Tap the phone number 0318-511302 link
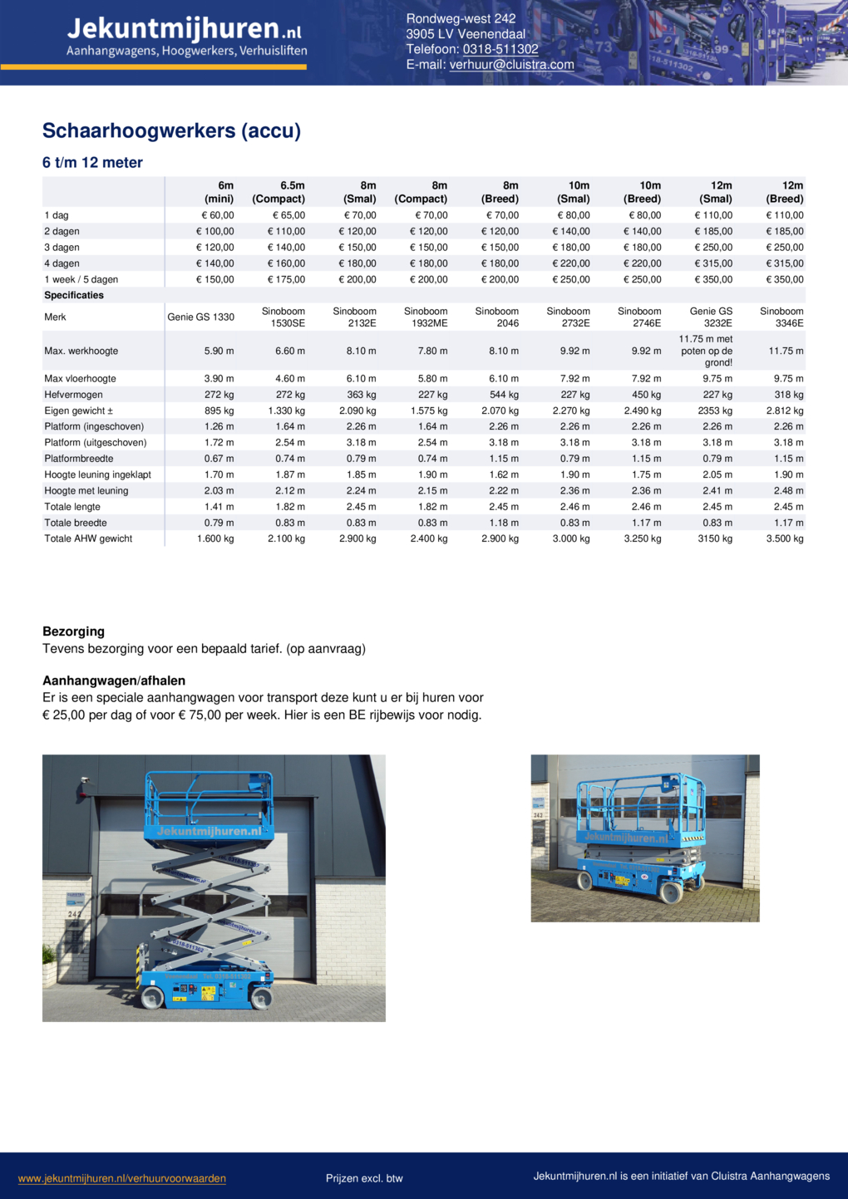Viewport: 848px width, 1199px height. (x=500, y=49)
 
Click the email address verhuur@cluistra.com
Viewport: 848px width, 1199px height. (x=511, y=65)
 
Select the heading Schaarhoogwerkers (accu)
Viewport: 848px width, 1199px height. (x=171, y=130)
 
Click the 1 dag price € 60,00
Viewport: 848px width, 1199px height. (x=217, y=215)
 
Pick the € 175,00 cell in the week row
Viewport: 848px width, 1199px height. (x=287, y=280)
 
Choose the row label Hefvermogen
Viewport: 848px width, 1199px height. (x=74, y=395)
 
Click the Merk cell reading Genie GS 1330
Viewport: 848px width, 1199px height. (x=200, y=317)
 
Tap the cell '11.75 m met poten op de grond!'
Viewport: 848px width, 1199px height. (x=706, y=351)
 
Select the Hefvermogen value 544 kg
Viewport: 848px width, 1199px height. (x=504, y=395)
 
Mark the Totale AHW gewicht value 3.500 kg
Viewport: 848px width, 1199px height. (x=785, y=539)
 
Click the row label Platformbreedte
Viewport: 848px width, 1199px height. (x=79, y=459)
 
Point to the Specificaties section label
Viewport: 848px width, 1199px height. (x=74, y=295)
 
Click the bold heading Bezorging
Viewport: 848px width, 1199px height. (x=73, y=631)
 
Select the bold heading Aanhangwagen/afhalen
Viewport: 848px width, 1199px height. (x=114, y=681)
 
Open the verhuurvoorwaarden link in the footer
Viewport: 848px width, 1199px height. (x=122, y=1178)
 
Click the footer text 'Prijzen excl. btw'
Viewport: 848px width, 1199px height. (x=364, y=1178)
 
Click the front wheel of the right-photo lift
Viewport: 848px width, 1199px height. (x=670, y=892)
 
